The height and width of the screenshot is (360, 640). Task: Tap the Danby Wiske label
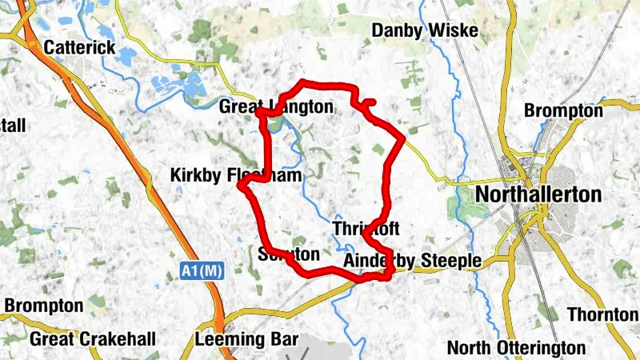425,31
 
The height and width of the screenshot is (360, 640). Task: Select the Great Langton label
276,106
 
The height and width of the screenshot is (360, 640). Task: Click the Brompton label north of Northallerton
563,110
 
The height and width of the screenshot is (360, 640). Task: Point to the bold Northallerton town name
538,194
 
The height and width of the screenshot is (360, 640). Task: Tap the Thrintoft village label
365,229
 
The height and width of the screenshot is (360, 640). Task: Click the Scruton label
290,254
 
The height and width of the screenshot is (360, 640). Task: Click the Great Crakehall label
93,339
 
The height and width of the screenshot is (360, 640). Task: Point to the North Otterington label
516,347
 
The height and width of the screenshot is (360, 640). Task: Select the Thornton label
602,314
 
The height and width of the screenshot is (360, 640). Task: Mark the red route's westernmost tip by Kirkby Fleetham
241,186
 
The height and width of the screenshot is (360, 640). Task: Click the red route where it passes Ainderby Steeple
376,277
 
